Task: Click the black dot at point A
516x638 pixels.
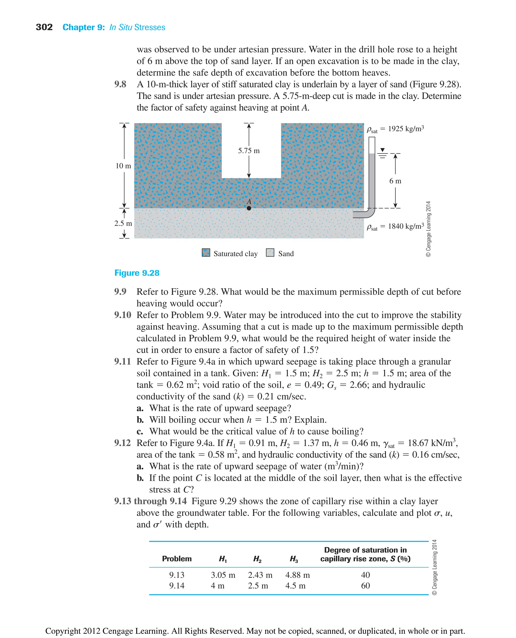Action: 249,208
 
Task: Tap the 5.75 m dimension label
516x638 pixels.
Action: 249,151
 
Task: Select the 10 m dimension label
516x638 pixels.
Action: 123,166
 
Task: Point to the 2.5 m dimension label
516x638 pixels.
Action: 123,223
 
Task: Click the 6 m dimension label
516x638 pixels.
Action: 395,181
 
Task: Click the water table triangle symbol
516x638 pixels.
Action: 382,150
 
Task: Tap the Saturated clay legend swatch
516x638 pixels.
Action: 206,253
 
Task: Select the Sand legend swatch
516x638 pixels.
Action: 270,253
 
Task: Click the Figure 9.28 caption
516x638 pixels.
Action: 137,273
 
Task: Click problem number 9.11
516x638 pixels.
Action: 122,361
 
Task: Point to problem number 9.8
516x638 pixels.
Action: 120,84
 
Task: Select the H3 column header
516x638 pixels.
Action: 294,559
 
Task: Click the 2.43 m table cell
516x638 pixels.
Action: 260,575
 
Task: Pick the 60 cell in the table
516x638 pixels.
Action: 365,586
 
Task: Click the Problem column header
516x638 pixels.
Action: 177,559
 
